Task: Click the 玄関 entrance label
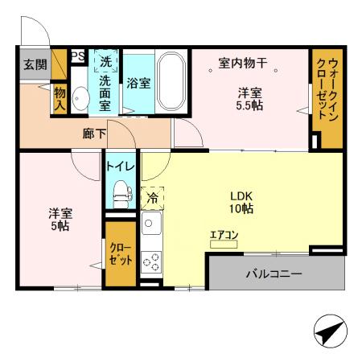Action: pos(35,64)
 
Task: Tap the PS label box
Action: pos(78,56)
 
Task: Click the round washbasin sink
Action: pos(79,98)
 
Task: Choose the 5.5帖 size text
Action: pos(248,105)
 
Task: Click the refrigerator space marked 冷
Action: pos(151,195)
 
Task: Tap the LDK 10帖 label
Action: pos(241,201)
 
